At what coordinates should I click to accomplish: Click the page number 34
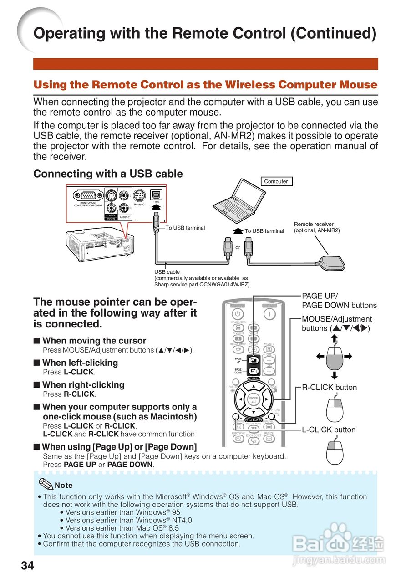[27, 566]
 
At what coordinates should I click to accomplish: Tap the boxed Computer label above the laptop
[276, 181]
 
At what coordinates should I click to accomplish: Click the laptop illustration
[241, 201]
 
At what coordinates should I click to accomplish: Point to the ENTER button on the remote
[254, 399]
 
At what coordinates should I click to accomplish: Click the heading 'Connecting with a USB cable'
[108, 174]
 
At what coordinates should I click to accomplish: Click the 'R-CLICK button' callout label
[329, 388]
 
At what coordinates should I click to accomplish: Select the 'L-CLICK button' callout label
[329, 430]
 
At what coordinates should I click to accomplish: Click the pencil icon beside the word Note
[46, 484]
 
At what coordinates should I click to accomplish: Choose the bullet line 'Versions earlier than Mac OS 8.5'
[119, 528]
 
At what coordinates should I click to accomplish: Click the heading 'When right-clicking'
[83, 385]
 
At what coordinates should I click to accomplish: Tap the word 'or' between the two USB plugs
[238, 247]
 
